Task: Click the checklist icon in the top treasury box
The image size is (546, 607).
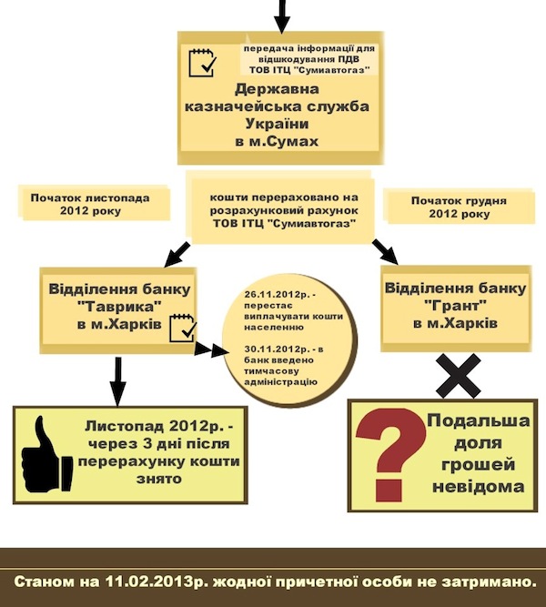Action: [x=201, y=63]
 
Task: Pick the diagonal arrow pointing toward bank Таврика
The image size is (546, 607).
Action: [x=174, y=251]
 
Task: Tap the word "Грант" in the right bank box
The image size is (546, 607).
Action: [x=454, y=307]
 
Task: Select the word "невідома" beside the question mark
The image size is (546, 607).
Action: [x=479, y=486]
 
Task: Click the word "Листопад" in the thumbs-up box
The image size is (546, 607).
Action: [x=127, y=426]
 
